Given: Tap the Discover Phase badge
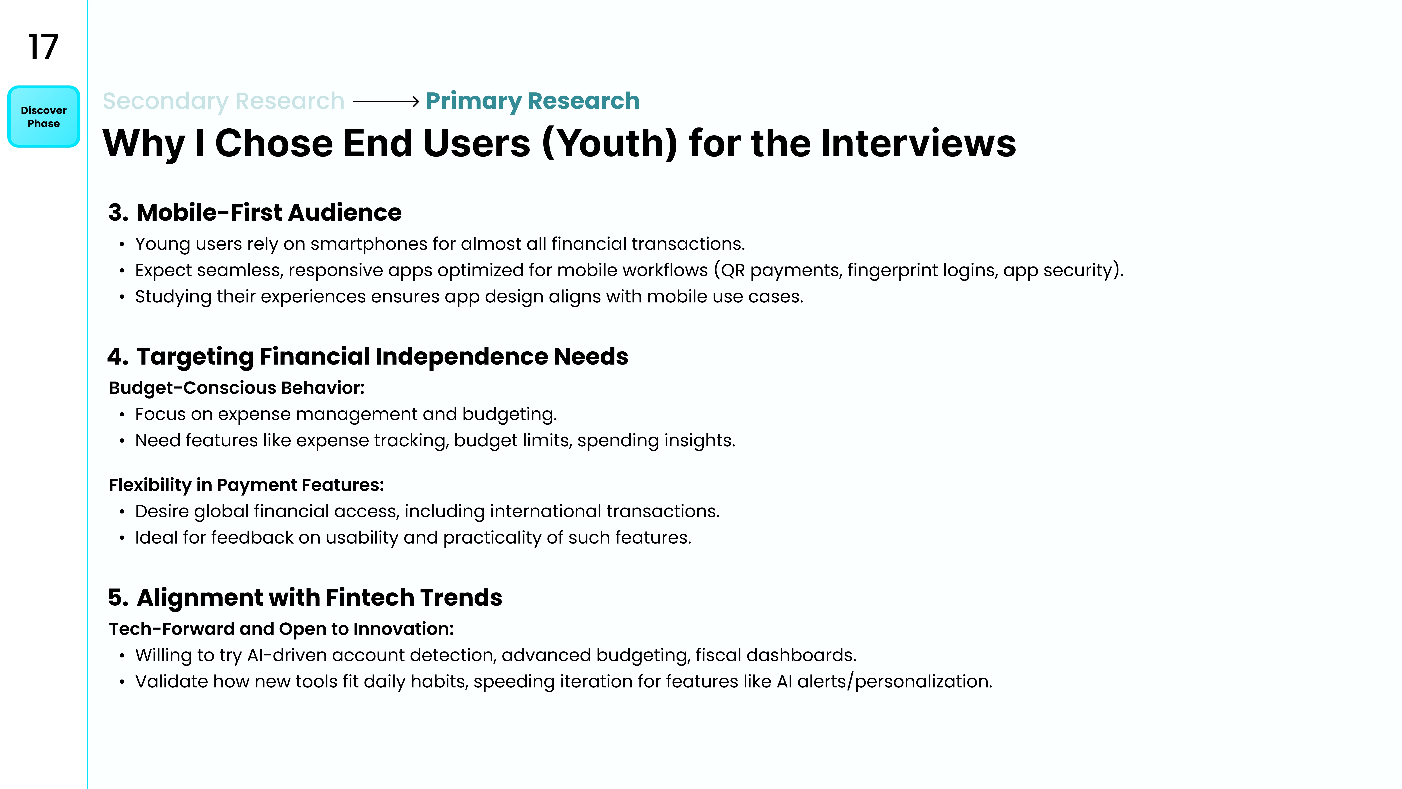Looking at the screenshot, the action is click(x=44, y=117).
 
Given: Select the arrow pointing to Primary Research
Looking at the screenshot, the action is click(x=386, y=101).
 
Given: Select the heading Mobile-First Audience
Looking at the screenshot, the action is click(x=269, y=212).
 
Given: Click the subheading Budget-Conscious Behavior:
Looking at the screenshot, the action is click(x=237, y=388).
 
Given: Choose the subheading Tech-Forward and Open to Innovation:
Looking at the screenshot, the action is click(x=281, y=629).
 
